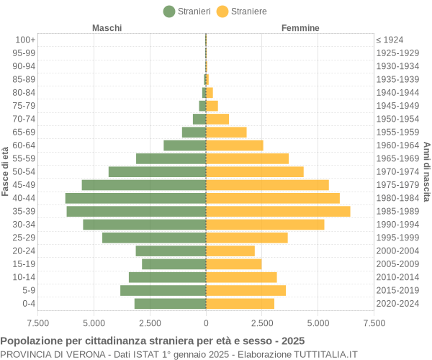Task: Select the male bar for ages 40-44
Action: click(135, 198)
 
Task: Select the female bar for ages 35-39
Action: click(278, 211)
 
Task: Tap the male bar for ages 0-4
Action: click(170, 303)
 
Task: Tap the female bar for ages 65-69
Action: click(226, 132)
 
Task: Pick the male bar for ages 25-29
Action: click(154, 238)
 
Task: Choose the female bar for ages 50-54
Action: click(255, 171)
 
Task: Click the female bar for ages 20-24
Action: click(230, 251)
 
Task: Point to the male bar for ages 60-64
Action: click(185, 145)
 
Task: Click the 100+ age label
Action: click(25, 40)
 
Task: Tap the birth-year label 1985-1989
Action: click(397, 211)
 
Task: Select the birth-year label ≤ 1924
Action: click(390, 40)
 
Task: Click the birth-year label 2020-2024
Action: click(397, 303)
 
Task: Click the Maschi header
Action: click(107, 28)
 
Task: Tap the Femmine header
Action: click(300, 28)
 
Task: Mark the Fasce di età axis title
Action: click(6, 171)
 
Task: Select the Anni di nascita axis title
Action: click(426, 171)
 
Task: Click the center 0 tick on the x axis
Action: click(206, 323)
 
